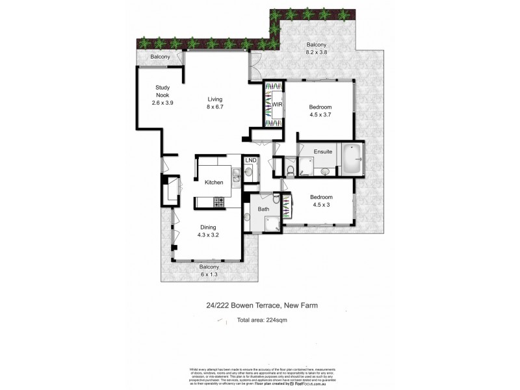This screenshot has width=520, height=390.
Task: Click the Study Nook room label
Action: click(x=162, y=95)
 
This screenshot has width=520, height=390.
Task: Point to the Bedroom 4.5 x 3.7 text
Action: click(x=320, y=111)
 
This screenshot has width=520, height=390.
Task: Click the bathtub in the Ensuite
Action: click(x=352, y=159)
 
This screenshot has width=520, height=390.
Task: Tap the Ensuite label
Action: click(x=323, y=151)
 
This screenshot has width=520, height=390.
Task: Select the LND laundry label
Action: click(x=250, y=160)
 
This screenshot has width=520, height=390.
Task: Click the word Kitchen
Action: click(x=214, y=183)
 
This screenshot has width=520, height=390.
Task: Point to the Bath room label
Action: click(x=263, y=209)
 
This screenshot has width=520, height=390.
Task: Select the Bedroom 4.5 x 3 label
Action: click(x=320, y=201)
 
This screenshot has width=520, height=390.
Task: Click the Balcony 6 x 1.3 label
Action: click(x=209, y=271)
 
